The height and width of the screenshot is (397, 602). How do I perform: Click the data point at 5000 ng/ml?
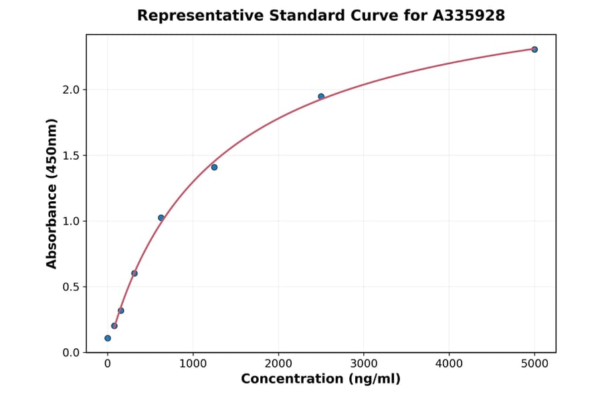pos(534,49)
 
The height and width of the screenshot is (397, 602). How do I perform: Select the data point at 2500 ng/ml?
pos(321,97)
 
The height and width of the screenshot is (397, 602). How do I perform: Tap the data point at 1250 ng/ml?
pos(214,167)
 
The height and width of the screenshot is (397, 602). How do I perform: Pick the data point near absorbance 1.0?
pos(161,218)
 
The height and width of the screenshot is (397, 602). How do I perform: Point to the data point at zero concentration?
pos(108,338)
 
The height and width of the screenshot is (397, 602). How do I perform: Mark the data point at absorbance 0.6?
pos(134,273)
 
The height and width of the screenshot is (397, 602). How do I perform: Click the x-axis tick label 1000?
pos(193,364)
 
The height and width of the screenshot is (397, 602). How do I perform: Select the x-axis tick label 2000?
pos(278,364)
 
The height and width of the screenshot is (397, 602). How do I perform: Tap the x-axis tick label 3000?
pos(364,364)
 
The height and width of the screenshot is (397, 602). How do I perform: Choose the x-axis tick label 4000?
pos(449,364)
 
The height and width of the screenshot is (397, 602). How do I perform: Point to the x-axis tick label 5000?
pos(534,364)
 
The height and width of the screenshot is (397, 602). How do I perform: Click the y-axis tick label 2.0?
pos(70,90)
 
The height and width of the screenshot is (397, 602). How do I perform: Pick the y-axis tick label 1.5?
pos(70,156)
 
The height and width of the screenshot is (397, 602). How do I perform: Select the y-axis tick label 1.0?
pos(70,221)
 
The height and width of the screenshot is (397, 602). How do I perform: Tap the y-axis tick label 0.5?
pos(70,287)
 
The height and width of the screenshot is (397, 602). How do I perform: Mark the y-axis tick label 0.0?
pos(70,352)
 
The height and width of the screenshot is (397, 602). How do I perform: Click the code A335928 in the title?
pos(468,15)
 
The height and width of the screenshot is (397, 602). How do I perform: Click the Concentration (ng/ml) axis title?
pos(320,380)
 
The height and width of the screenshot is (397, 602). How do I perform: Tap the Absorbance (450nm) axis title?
pos(52,193)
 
